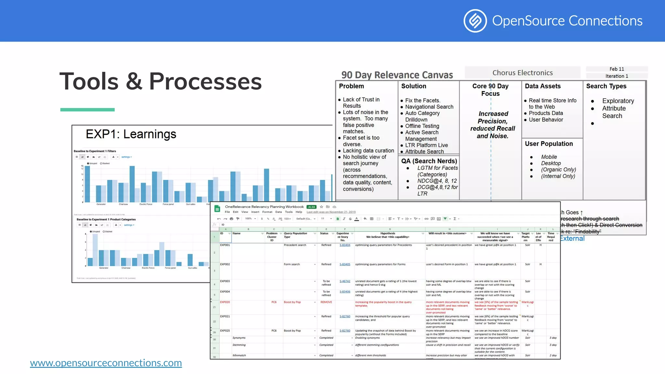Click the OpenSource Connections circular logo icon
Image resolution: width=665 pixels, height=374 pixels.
point(475,21)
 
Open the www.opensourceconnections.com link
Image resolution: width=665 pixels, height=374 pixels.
point(106,363)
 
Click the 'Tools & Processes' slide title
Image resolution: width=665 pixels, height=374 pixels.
point(160,81)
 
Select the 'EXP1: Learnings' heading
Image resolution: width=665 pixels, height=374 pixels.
point(131,134)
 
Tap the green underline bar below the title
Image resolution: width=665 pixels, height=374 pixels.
point(87,110)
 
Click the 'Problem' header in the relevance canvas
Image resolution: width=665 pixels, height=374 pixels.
point(351,86)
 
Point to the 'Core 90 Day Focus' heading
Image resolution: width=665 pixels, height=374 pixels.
point(490,90)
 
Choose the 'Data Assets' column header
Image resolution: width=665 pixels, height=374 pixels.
point(543,86)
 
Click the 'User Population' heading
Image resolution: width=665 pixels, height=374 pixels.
point(549,144)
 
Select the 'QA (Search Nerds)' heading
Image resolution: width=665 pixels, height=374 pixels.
point(429,161)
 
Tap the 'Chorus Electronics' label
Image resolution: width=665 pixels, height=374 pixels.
point(522,73)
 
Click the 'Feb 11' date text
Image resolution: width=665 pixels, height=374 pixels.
point(617,69)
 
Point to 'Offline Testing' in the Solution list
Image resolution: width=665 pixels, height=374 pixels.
point(422,126)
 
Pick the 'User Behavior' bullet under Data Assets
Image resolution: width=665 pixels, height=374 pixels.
point(546,119)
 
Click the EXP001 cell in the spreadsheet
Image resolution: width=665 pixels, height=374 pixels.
point(225,245)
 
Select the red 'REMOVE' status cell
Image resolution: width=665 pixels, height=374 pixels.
point(326,302)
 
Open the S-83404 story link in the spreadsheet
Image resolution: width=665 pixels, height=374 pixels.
point(345,245)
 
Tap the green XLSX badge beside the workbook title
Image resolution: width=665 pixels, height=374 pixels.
point(311,207)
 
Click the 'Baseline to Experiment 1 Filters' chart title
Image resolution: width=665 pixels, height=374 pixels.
point(95,151)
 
